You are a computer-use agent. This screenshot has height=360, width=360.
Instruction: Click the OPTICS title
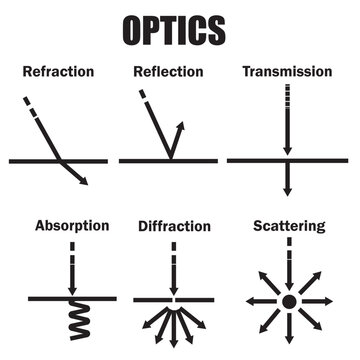pyautogui.click(x=180, y=30)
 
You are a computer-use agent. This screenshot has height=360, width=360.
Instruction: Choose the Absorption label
pyautogui.click(x=71, y=225)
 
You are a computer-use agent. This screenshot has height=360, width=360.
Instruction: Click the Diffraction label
pyautogui.click(x=174, y=225)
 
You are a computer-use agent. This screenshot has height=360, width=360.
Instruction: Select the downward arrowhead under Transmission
pyautogui.click(x=287, y=189)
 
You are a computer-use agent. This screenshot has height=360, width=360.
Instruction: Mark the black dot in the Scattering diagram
pyautogui.click(x=288, y=301)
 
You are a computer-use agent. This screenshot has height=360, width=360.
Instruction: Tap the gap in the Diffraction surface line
pyautogui.click(x=175, y=297)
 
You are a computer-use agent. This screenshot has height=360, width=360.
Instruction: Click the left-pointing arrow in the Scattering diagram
pyautogui.click(x=252, y=301)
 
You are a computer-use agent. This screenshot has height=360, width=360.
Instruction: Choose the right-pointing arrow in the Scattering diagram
pyautogui.click(x=324, y=301)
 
